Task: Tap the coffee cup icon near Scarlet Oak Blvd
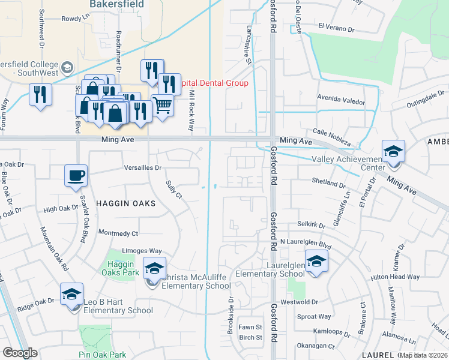pyautogui.click(x=76, y=176)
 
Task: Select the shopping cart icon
pyautogui.click(x=162, y=105)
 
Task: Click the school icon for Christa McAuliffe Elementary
pyautogui.click(x=154, y=268)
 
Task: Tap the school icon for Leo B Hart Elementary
pyautogui.click(x=71, y=294)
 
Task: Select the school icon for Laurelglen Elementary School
pyautogui.click(x=316, y=261)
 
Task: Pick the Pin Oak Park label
pyautogui.click(x=102, y=354)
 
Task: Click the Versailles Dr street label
pyautogui.click(x=143, y=168)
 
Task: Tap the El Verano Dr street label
pyautogui.click(x=337, y=27)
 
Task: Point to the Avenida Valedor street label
pyautogui.click(x=341, y=102)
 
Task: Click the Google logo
pyautogui.click(x=20, y=353)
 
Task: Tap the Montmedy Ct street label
pyautogui.click(x=118, y=233)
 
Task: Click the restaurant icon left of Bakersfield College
pyautogui.click(x=40, y=94)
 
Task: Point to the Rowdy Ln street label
pyautogui.click(x=75, y=19)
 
